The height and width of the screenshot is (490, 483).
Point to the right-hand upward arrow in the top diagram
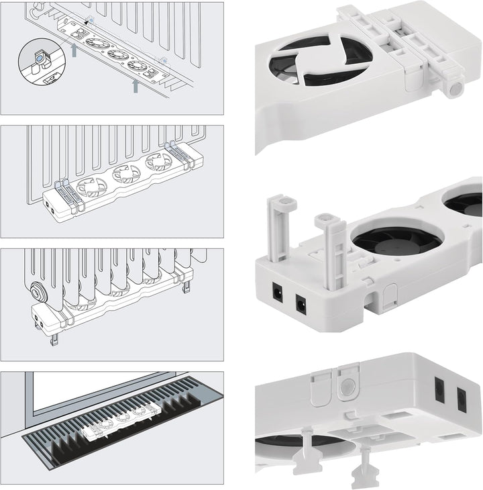(x=136, y=85)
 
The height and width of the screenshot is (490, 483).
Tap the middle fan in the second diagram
(x=126, y=175)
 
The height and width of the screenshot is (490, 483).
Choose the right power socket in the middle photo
(x=303, y=305)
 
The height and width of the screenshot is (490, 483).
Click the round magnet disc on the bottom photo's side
(x=347, y=387)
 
